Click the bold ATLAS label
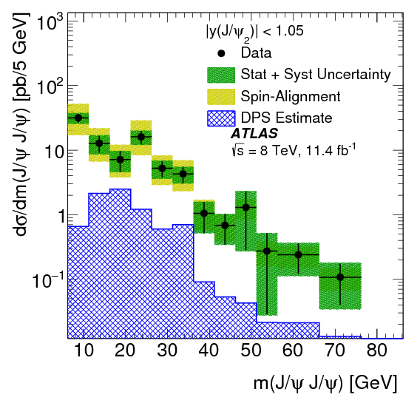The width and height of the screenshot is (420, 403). pos(254,135)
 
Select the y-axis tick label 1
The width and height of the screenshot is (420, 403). pos(52,216)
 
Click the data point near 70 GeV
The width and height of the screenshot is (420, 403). pos(340,277)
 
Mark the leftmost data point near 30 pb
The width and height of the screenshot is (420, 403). pos(78,118)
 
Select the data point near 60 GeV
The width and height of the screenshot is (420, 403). pos(299,254)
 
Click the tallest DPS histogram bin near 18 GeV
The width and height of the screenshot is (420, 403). pos(120,222)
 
